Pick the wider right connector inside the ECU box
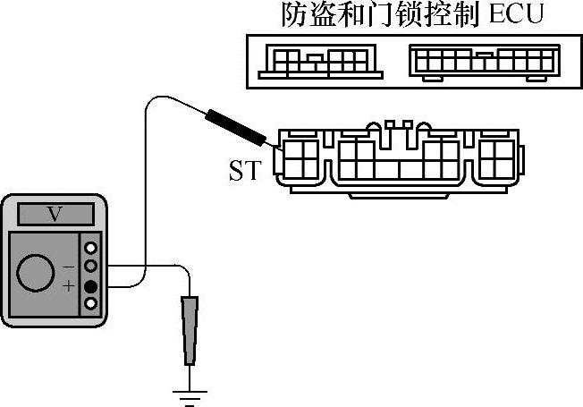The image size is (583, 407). point(484,62)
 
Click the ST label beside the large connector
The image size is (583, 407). point(244,169)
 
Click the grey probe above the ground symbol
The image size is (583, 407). point(190,331)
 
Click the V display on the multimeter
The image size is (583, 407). point(54,214)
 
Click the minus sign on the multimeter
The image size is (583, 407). point(70,266)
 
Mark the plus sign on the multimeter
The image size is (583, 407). point(70,286)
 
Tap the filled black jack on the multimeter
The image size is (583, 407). point(89,286)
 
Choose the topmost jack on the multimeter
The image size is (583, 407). point(89,247)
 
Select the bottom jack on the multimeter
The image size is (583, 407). point(89,305)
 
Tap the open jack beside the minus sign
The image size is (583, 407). point(89,266)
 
